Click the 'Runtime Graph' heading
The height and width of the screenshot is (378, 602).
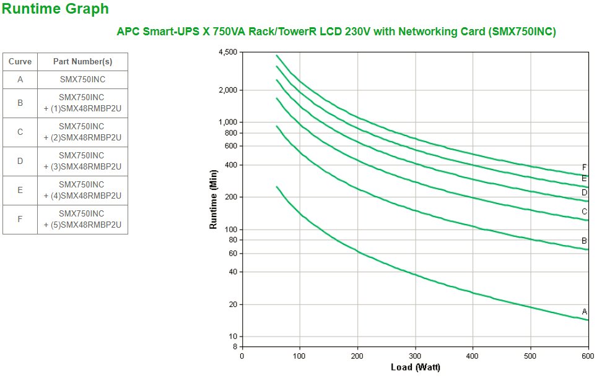(x=56, y=9)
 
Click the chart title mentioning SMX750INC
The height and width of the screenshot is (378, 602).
(x=336, y=32)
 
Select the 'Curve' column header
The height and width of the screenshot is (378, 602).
(x=20, y=62)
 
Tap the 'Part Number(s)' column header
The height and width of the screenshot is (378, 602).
(x=82, y=62)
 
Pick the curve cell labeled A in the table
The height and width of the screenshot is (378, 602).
(x=20, y=79)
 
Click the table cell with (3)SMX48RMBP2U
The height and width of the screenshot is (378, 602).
(x=82, y=161)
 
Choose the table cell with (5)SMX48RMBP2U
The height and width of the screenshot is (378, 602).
(x=82, y=219)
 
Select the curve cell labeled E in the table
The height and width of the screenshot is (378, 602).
(x=20, y=190)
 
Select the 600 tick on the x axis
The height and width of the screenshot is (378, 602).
(x=588, y=356)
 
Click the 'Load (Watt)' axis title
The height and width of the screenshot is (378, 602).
(x=415, y=367)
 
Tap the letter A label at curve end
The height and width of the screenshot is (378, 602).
(x=584, y=311)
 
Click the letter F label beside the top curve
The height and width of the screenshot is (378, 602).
(x=584, y=167)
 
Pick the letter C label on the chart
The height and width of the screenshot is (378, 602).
(x=584, y=212)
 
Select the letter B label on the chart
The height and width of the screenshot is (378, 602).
(x=584, y=241)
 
